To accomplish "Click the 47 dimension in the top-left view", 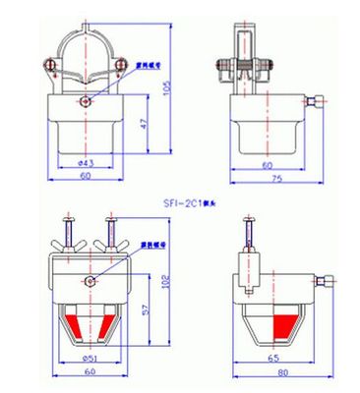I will coord(146,125).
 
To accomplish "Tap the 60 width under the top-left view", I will coord(86,176).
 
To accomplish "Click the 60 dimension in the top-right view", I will coord(265,165).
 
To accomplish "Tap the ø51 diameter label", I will coord(88,358).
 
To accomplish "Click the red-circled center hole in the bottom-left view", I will coord(89,282).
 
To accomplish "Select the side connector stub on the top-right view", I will coord(314,102).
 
